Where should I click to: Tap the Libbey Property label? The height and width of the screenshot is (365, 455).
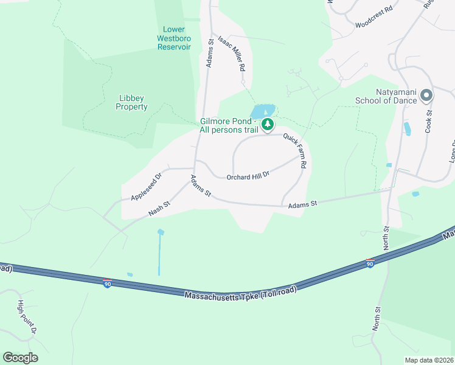(132, 102)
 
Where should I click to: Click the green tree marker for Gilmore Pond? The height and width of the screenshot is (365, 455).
(267, 125)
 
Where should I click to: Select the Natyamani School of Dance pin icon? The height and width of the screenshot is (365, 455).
(426, 96)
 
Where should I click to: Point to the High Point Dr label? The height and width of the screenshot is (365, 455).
(27, 317)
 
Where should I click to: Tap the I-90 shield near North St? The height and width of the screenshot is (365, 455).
(370, 263)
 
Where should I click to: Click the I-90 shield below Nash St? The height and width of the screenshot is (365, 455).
(107, 283)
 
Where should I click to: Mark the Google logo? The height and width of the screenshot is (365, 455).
(20, 358)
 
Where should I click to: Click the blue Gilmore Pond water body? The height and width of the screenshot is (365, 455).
(262, 111)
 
